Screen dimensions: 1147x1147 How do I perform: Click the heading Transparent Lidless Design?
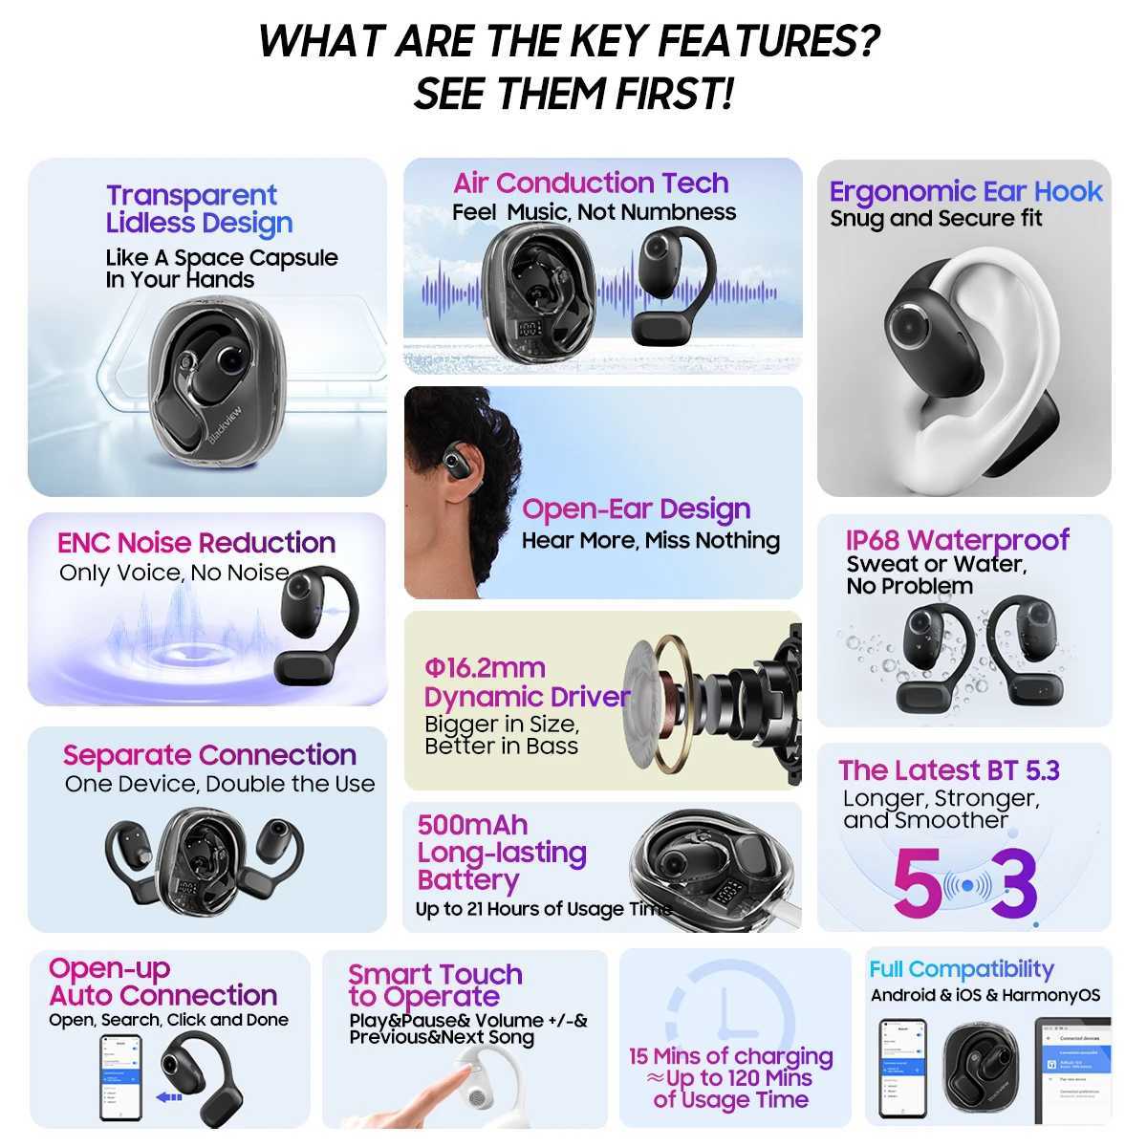[199, 209]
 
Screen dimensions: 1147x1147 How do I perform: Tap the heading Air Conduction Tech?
[591, 183]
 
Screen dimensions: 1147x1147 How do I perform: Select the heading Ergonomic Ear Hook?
[965, 191]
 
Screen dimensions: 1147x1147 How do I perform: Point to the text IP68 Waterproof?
[958, 540]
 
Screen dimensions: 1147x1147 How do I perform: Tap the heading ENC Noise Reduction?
[196, 543]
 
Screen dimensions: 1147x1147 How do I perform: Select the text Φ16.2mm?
[485, 667]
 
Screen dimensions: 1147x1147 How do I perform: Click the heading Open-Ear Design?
[636, 509]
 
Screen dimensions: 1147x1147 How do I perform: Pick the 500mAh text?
[472, 825]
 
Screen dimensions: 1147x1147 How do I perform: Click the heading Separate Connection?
[209, 755]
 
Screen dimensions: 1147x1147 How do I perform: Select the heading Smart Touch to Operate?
[435, 985]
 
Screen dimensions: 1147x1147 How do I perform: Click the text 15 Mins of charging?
[730, 1057]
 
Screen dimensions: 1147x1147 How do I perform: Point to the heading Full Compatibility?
[961, 969]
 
